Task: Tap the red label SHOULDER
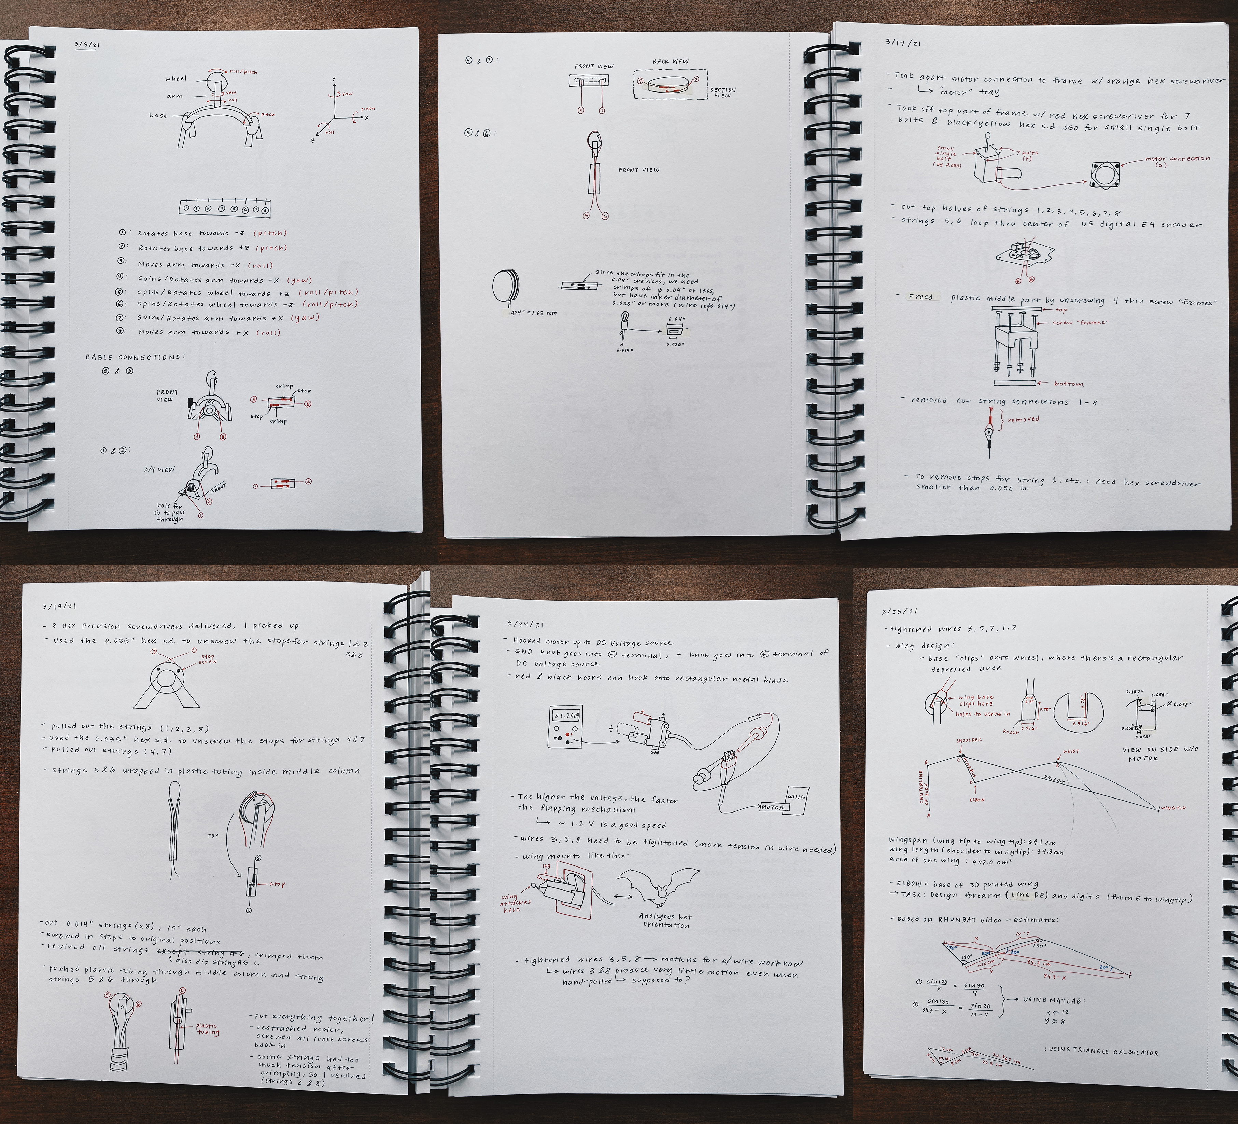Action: coord(968,740)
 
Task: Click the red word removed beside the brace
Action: coord(1024,419)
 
